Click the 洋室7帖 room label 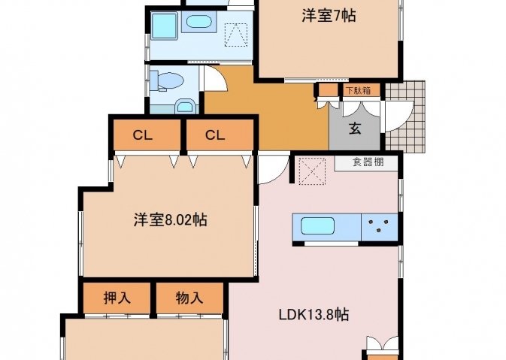329,16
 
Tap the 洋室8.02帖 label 171,220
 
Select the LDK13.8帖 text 314,314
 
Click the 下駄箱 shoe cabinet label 358,90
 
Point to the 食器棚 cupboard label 368,162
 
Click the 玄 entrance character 355,129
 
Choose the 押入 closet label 117,298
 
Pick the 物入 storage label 189,298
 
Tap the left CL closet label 142,135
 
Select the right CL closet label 215,135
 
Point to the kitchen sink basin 317,225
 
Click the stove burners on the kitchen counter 379,225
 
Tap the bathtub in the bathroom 164,26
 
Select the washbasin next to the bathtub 199,22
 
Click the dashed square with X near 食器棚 312,171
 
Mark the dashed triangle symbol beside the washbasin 236,35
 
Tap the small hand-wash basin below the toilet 185,107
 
